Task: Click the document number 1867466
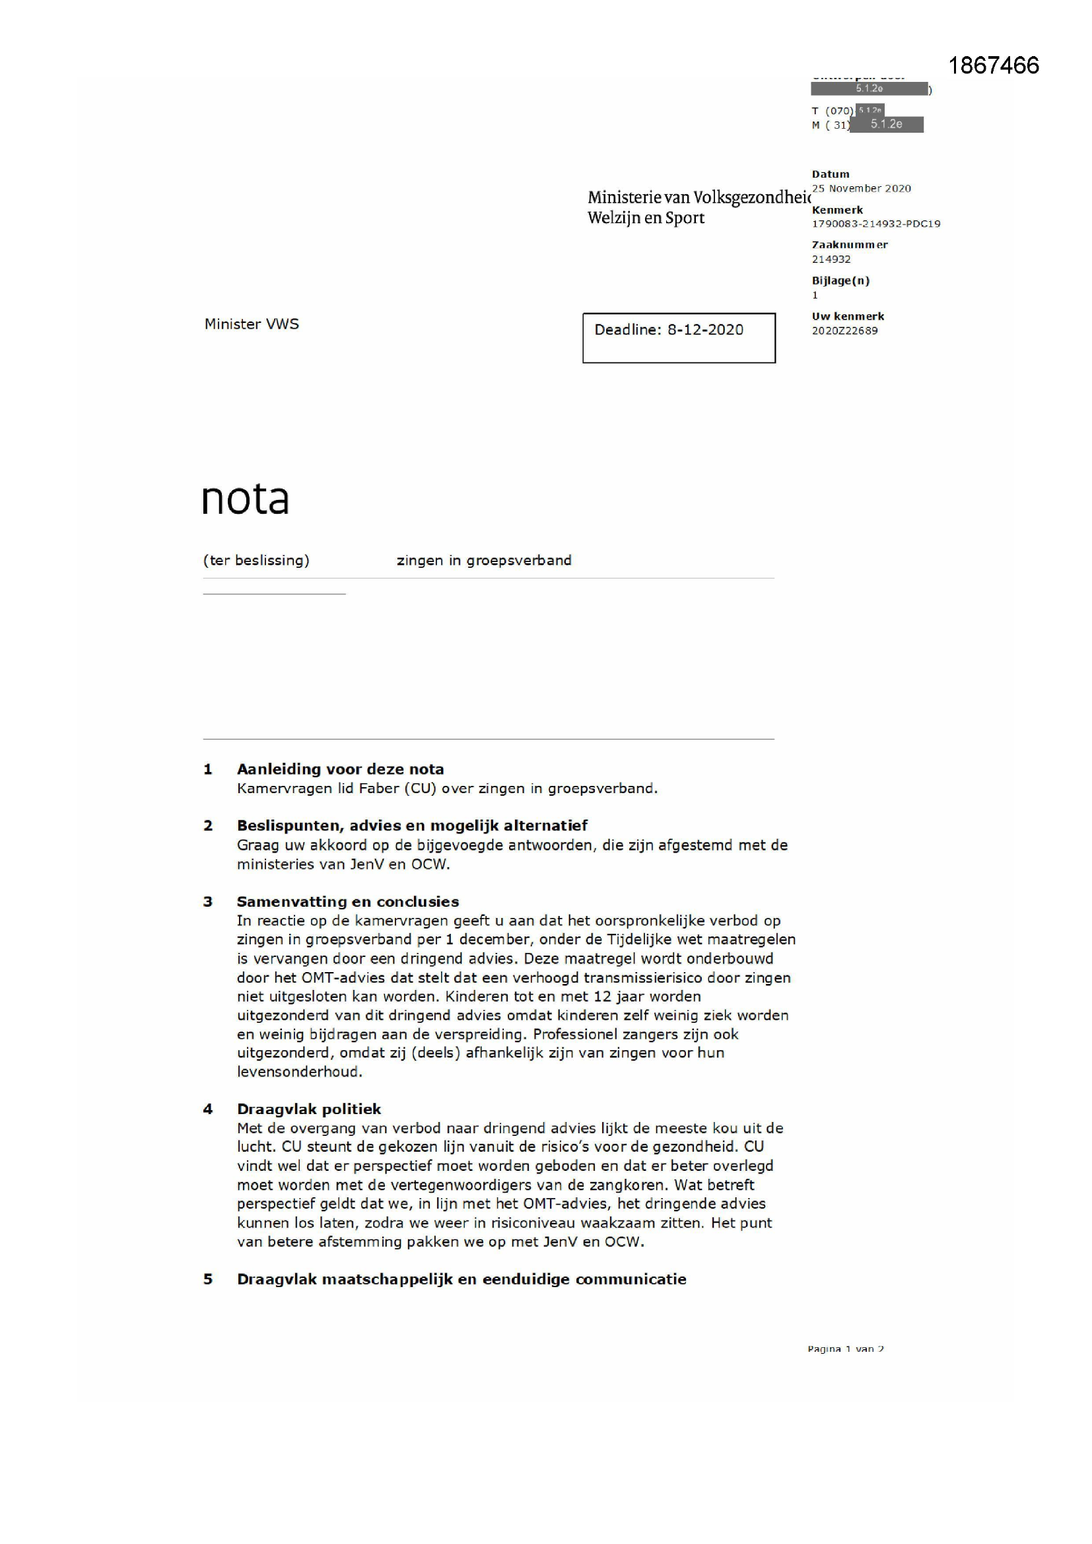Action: click(x=993, y=65)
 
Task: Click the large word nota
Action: click(x=246, y=499)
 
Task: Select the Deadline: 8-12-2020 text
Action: click(x=668, y=330)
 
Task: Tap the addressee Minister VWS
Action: click(x=252, y=324)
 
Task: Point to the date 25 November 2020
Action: click(x=861, y=188)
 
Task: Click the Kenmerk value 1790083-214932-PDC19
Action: click(x=875, y=224)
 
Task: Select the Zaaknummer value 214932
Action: click(x=831, y=260)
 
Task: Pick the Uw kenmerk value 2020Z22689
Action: click(x=844, y=331)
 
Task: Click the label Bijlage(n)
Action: click(x=840, y=281)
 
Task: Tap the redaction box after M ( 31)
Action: click(x=886, y=124)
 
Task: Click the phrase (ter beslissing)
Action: click(x=256, y=560)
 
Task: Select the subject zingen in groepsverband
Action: click(x=483, y=560)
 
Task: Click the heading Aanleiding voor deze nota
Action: click(x=340, y=769)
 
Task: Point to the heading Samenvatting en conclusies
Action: click(x=348, y=901)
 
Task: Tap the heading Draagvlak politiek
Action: click(x=308, y=1109)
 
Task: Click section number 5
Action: click(x=208, y=1279)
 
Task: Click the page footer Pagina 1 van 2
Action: click(x=845, y=1349)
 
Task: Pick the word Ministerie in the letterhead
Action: click(x=623, y=197)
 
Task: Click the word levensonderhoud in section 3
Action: click(x=298, y=1072)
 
